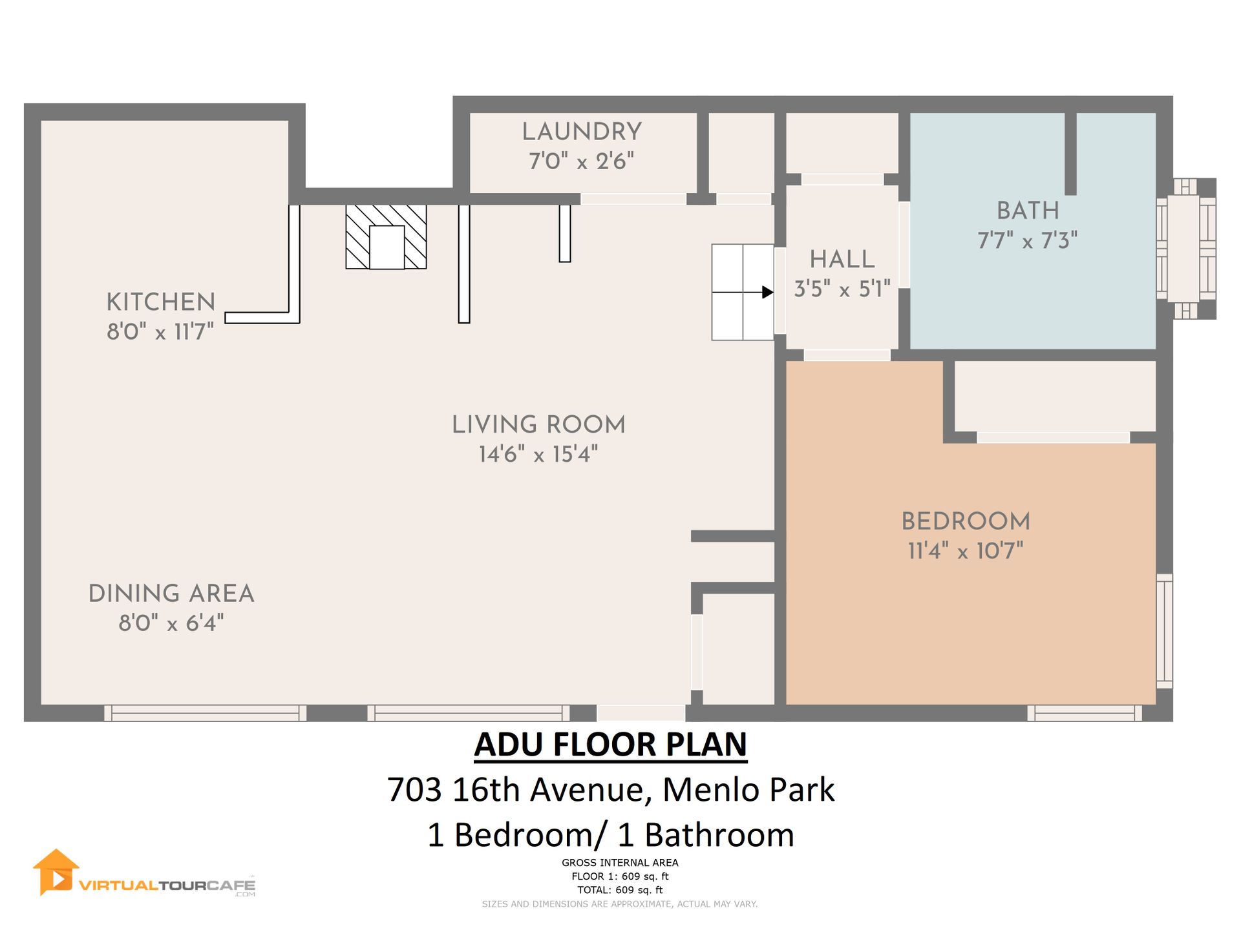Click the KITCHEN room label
161,302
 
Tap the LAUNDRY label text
582,132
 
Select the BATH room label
1028,211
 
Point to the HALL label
842,260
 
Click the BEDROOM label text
966,521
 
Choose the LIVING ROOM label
538,425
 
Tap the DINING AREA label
171,594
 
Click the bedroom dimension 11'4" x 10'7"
966,551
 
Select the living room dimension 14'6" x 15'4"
538,455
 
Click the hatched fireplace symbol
386,237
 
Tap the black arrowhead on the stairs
768,292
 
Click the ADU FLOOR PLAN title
611,745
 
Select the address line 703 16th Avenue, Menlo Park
611,789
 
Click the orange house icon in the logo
56,873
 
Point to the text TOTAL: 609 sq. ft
620,890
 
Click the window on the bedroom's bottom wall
1085,713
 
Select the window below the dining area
206,713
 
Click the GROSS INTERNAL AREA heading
620,863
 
